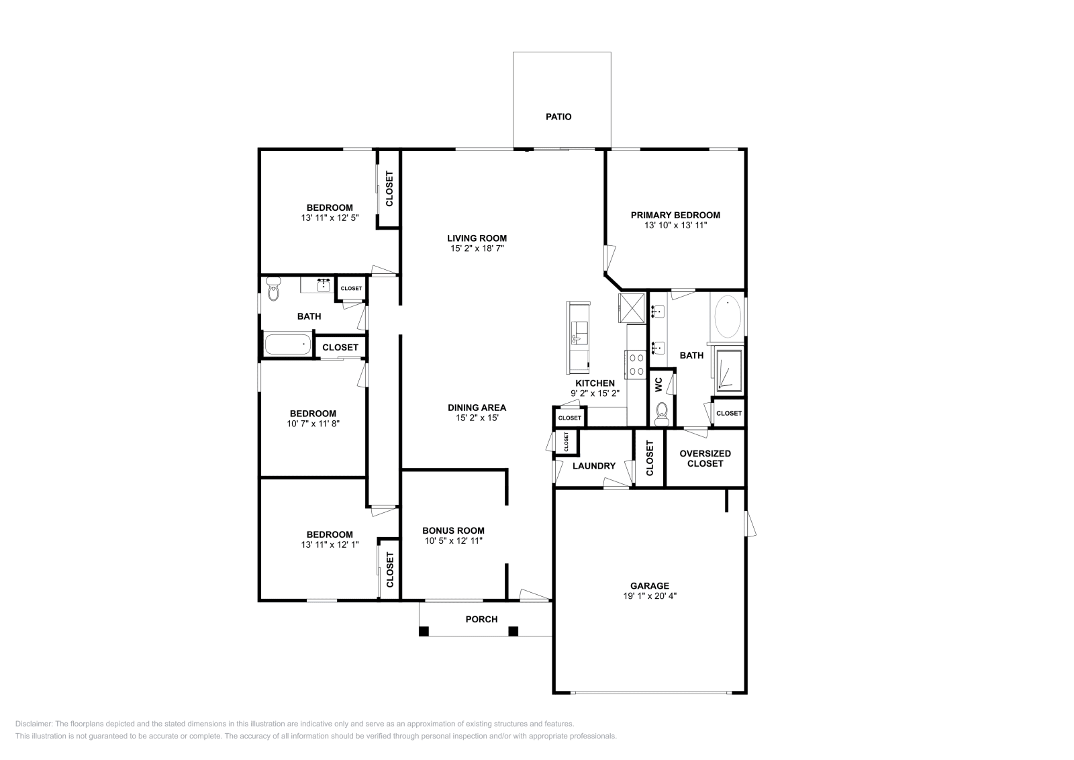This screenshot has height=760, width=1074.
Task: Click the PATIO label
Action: [558, 117]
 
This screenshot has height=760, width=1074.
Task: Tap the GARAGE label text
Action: [649, 585]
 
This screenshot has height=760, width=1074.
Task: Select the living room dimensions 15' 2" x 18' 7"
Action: [477, 248]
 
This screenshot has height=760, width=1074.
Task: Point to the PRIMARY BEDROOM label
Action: [675, 216]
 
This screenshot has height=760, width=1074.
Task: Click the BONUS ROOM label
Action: [453, 530]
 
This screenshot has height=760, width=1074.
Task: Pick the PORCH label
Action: [481, 619]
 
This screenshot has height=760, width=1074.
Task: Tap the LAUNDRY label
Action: [593, 465]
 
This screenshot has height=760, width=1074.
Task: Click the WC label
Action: [658, 384]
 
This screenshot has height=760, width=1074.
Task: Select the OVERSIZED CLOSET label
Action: [705, 459]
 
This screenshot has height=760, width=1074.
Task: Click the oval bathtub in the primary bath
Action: [728, 317]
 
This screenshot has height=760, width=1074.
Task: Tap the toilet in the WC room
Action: [662, 414]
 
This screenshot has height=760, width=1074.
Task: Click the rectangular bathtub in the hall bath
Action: [288, 344]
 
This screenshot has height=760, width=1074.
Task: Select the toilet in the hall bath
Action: [273, 289]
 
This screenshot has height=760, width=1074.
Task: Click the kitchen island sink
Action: [579, 333]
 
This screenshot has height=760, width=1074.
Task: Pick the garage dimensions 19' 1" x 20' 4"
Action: [650, 596]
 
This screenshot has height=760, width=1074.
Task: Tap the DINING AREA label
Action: [477, 408]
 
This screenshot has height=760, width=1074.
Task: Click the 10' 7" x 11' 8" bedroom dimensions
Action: [313, 424]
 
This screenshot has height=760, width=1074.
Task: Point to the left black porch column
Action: [424, 631]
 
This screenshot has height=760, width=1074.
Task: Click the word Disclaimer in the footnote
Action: [34, 724]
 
